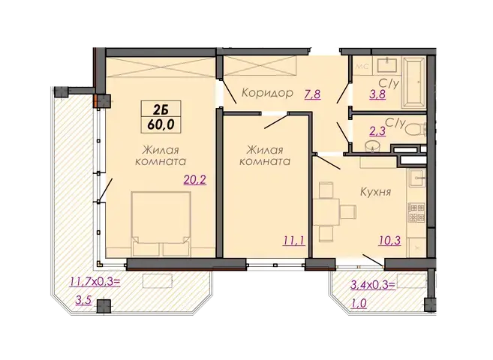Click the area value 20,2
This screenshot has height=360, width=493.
click(195, 180)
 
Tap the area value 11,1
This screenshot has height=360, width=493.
click(293, 241)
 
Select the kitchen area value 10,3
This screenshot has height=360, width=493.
click(389, 241)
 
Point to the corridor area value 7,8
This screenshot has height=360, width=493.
click(312, 94)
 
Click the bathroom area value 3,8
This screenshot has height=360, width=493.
click(377, 94)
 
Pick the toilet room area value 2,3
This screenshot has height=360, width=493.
click(377, 131)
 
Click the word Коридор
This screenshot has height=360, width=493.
click(267, 93)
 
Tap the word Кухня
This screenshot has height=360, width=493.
click(375, 191)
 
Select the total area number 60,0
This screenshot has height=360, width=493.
click(161, 124)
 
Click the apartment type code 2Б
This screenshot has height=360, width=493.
click(161, 109)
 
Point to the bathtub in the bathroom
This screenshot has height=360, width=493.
click(414, 82)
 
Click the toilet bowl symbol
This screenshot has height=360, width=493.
click(415, 129)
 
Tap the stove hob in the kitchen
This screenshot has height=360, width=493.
click(416, 212)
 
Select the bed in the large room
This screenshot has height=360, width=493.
click(161, 223)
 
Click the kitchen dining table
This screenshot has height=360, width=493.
click(327, 211)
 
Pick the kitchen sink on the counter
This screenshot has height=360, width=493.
click(417, 178)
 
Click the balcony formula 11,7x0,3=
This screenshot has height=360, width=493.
click(95, 282)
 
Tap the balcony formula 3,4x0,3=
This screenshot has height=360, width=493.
click(373, 285)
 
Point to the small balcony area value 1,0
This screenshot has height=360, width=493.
click(359, 304)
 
